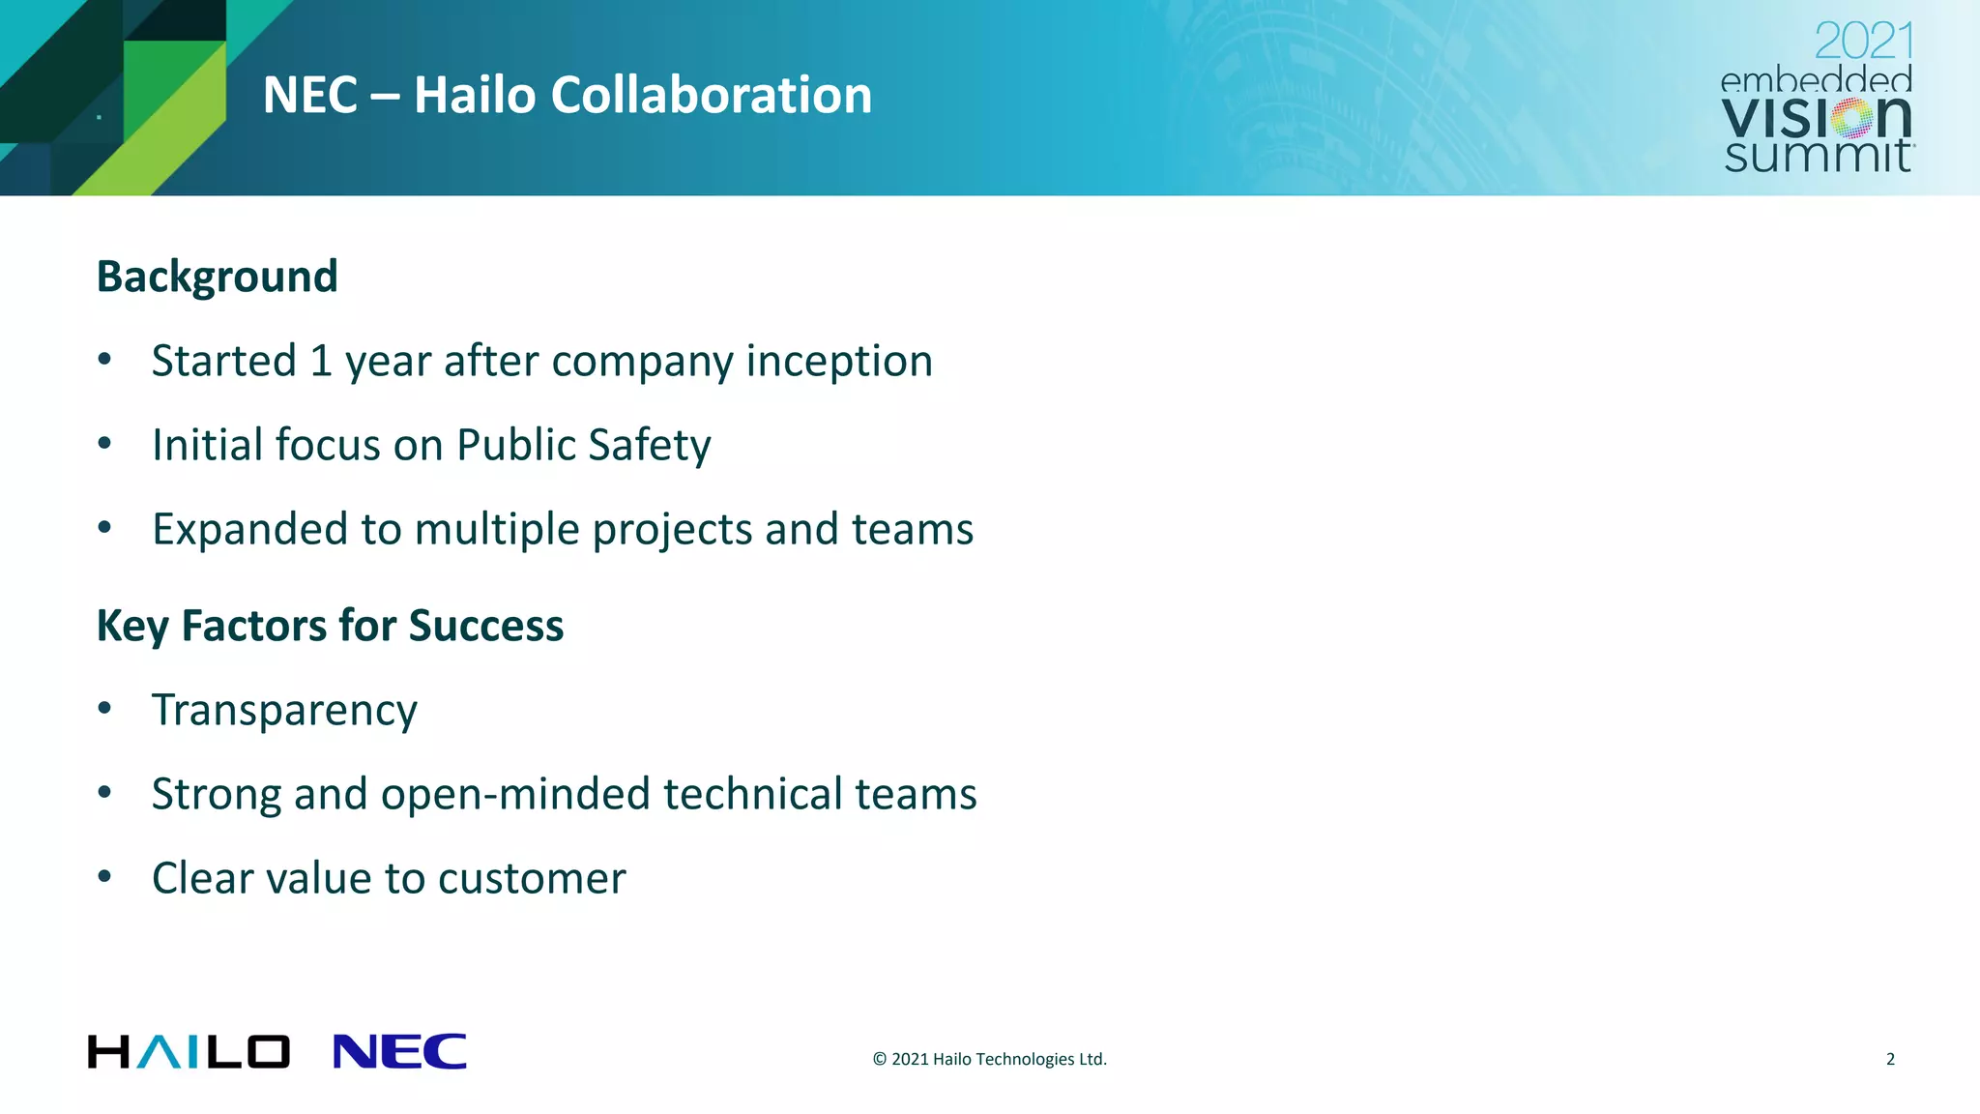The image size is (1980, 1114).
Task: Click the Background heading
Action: [217, 277]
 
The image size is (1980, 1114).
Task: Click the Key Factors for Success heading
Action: [330, 626]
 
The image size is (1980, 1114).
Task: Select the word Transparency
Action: [284, 711]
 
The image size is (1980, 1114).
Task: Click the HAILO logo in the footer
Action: [189, 1051]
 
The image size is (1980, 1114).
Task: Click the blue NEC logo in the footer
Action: [399, 1051]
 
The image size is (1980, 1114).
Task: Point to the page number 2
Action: [1890, 1059]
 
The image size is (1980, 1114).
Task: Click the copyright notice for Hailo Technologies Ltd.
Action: [989, 1059]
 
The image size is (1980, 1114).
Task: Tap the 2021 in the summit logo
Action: [1863, 42]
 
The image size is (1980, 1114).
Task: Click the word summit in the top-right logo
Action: [1817, 156]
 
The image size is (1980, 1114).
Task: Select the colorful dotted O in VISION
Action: [1852, 119]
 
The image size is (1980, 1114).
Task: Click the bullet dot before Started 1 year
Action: [104, 361]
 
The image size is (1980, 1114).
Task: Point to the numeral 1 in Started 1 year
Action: [321, 361]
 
